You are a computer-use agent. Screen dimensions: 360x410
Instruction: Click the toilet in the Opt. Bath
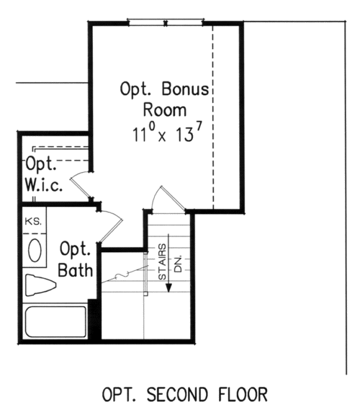click(40, 285)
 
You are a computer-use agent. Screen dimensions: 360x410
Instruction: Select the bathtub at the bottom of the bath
click(55, 321)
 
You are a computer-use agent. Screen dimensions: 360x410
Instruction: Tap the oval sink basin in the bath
click(35, 251)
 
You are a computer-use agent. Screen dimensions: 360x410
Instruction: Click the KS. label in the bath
click(33, 222)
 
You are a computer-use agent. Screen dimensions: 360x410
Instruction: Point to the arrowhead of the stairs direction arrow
click(169, 288)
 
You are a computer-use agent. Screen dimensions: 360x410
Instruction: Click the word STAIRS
click(162, 262)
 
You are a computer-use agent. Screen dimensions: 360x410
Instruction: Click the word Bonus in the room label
click(185, 89)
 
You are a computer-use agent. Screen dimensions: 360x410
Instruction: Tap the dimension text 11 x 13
click(167, 133)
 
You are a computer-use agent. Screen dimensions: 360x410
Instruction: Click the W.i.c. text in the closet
click(44, 185)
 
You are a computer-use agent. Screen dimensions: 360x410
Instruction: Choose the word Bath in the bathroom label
click(75, 269)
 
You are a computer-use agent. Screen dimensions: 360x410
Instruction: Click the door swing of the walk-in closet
click(81, 186)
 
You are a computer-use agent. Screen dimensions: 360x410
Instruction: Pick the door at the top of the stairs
click(172, 198)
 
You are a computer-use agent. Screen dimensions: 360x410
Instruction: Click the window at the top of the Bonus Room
click(166, 22)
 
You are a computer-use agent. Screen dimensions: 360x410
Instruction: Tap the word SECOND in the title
click(177, 395)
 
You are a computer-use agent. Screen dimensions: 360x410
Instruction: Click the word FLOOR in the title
click(243, 395)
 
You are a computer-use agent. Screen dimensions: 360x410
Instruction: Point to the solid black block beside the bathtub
click(94, 319)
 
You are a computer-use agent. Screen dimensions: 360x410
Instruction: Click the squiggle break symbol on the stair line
click(122, 275)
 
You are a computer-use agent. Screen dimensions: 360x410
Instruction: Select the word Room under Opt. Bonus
click(165, 110)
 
